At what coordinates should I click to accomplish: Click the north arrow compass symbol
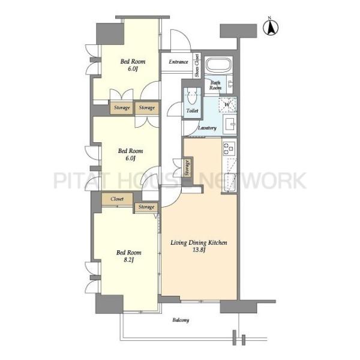tap(271, 26)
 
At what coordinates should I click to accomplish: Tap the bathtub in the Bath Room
tap(218, 65)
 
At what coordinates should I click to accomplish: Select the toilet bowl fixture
tap(192, 96)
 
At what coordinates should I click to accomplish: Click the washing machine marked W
tap(227, 104)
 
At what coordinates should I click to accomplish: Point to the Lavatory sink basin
tap(230, 124)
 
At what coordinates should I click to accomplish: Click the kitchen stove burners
tap(229, 148)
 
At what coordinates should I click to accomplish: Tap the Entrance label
tap(178, 62)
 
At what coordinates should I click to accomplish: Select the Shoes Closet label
tap(197, 65)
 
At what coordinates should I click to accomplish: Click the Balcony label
tap(181, 320)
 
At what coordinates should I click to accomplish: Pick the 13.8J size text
tap(199, 250)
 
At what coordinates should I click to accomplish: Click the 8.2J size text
tap(128, 260)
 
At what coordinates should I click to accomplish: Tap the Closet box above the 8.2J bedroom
tap(117, 199)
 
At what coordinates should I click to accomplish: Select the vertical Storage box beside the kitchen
tap(187, 168)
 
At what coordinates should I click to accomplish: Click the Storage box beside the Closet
tap(146, 207)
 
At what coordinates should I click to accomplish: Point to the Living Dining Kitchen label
tap(199, 242)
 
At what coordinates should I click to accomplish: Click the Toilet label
tap(193, 110)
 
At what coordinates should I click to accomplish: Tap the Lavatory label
tap(208, 128)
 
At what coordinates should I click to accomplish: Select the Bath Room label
tap(215, 85)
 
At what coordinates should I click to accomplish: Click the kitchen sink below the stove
tap(230, 182)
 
